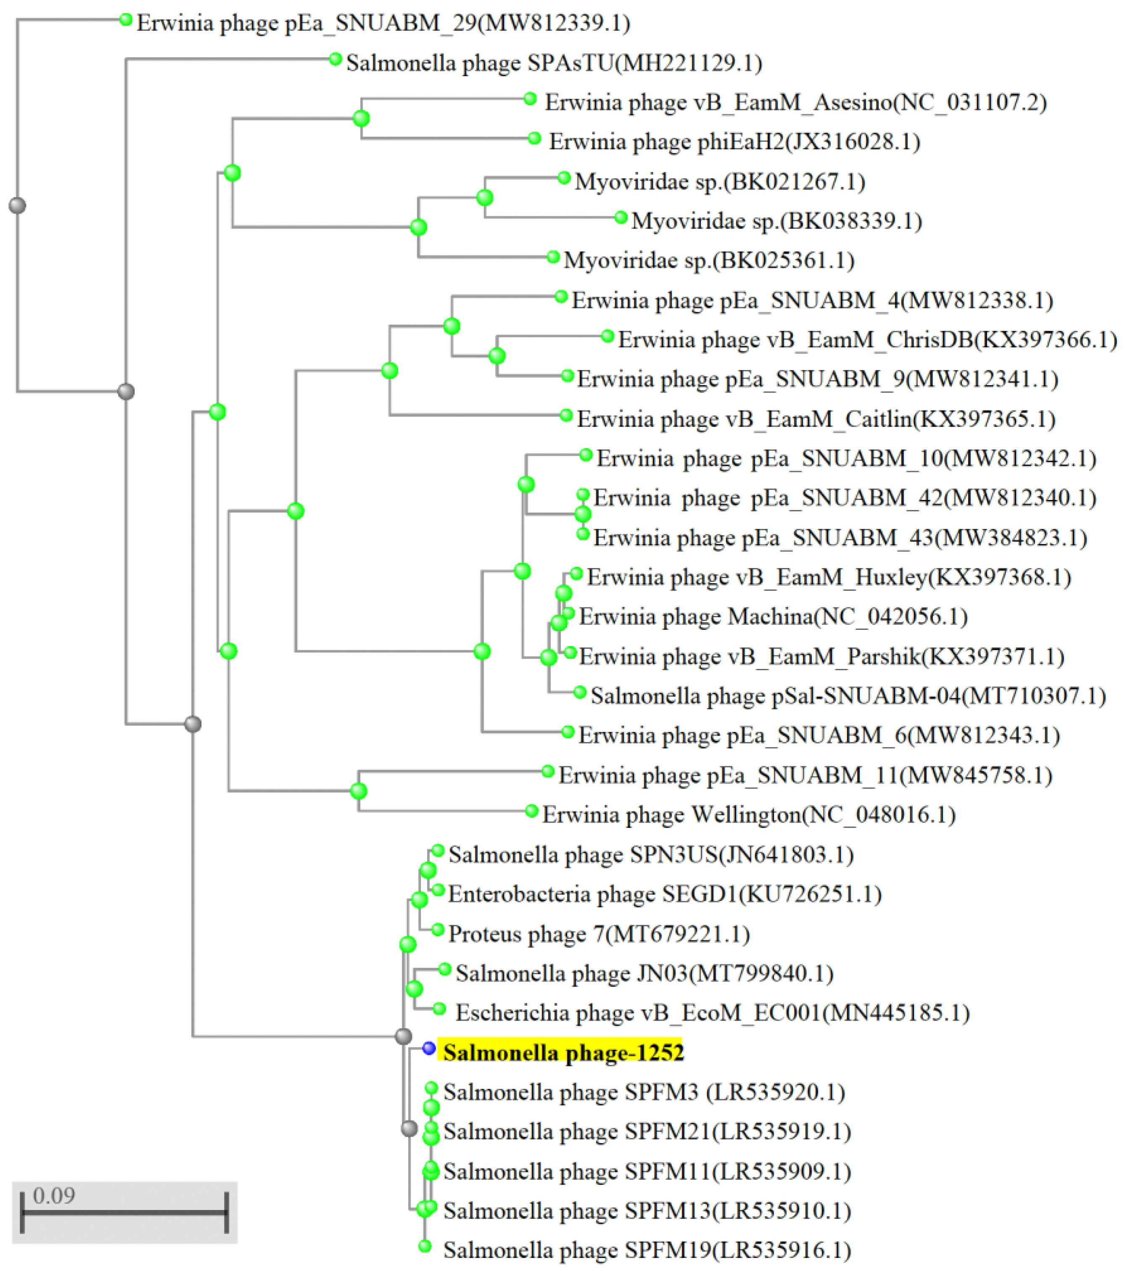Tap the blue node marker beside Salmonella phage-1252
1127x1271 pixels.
(429, 1048)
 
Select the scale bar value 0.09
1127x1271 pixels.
(54, 1195)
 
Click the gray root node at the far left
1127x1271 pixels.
(17, 205)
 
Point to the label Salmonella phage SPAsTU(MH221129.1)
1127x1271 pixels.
(553, 63)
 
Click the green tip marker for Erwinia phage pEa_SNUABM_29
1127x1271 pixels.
(126, 20)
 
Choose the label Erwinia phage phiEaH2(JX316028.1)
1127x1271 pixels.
(734, 142)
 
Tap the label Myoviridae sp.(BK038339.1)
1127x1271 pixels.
(776, 221)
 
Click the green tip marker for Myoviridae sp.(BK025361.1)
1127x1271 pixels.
(553, 257)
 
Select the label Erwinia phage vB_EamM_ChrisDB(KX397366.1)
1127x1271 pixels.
(867, 339)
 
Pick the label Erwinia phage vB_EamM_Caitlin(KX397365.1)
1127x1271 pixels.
(816, 419)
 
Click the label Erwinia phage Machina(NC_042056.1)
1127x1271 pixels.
(773, 617)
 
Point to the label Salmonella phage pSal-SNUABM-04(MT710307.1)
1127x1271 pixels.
(848, 696)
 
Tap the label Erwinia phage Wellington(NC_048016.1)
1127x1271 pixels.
(749, 815)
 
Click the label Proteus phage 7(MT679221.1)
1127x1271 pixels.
(599, 934)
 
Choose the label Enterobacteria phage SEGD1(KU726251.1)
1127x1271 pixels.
(664, 894)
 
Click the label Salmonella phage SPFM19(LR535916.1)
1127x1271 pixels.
(647, 1250)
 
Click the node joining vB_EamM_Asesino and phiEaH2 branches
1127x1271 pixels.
(361, 118)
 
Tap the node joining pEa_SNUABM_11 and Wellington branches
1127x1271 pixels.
(358, 791)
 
